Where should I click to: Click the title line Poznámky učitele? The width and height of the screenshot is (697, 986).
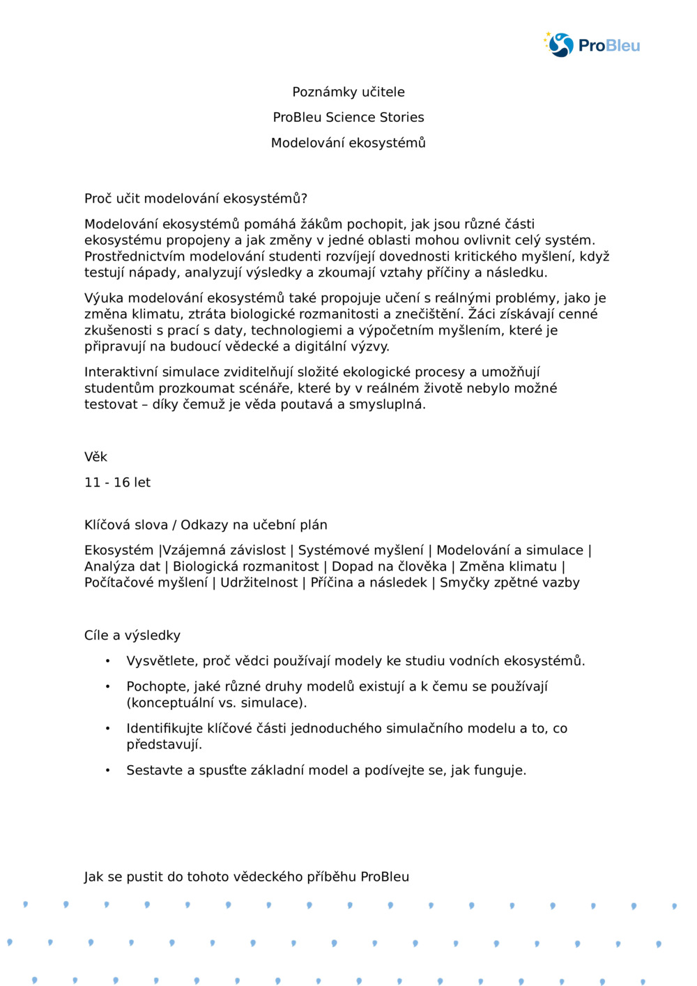(x=348, y=92)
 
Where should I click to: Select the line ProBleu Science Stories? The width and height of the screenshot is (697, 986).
(x=348, y=117)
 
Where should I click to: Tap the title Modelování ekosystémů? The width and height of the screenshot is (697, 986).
(x=348, y=143)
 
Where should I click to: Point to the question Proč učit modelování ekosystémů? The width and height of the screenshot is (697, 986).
(x=196, y=199)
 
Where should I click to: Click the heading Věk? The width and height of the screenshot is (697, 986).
(x=95, y=457)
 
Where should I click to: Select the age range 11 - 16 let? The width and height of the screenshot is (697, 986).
(x=117, y=482)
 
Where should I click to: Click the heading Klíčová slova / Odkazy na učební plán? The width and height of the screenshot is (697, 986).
(x=206, y=525)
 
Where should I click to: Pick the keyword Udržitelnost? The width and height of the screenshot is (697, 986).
(x=259, y=583)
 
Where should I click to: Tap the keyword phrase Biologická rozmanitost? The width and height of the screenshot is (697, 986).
(x=245, y=567)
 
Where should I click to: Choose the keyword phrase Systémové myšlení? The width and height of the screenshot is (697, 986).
(x=360, y=550)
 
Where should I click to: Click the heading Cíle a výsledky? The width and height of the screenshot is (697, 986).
(x=132, y=635)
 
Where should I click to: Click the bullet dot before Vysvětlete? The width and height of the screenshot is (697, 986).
(x=107, y=661)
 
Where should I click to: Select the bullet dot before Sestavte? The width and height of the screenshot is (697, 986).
(x=107, y=770)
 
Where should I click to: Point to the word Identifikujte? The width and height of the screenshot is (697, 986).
(x=164, y=728)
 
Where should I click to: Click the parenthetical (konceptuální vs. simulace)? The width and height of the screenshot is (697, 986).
(x=217, y=702)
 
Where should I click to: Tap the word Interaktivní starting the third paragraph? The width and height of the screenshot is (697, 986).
(x=121, y=372)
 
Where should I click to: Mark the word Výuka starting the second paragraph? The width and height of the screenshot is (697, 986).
(x=103, y=298)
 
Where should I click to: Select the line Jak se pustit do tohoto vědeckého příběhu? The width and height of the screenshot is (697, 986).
(x=246, y=877)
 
